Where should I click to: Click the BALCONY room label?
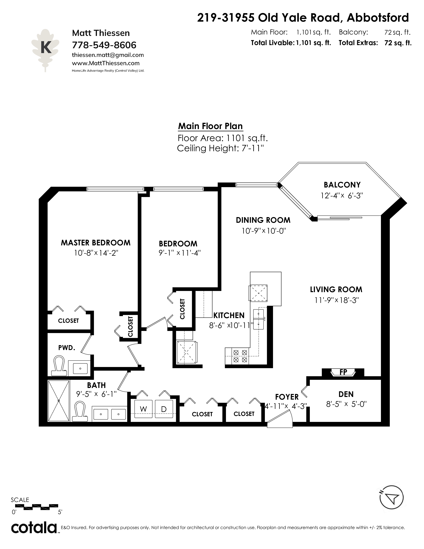point(342,185)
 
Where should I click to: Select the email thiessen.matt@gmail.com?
point(108,55)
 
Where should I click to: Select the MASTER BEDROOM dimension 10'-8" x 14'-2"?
point(96,253)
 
